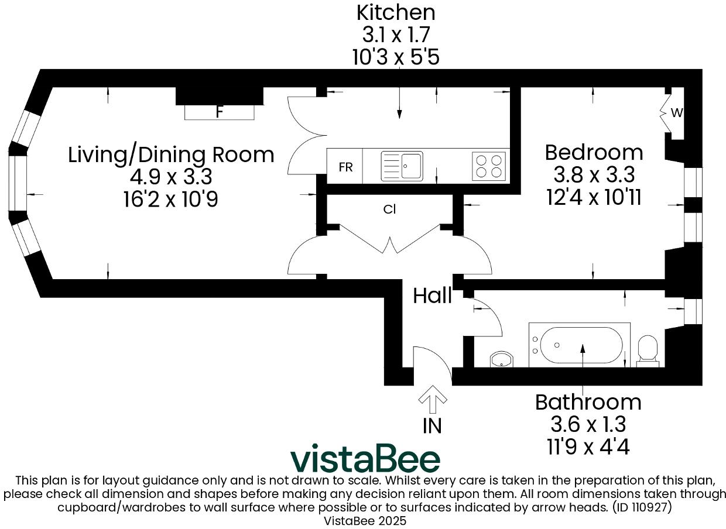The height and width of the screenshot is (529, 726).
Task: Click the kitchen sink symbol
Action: point(402,166)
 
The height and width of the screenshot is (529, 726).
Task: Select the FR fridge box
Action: point(345,167)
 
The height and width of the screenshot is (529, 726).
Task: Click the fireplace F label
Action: point(220,112)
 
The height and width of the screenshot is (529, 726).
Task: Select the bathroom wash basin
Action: point(501,359)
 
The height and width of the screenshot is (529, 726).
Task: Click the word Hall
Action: point(432,296)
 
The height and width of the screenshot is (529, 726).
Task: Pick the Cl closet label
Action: point(390,209)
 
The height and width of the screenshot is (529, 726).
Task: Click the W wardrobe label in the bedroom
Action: point(676,114)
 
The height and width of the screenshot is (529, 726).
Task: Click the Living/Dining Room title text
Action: point(171,155)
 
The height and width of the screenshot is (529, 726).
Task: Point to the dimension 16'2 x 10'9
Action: point(171,200)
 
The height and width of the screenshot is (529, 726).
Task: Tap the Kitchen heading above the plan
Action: point(396,12)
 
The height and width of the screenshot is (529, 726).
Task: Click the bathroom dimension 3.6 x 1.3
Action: point(588,424)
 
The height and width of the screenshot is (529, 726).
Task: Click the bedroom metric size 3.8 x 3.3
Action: point(594,174)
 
